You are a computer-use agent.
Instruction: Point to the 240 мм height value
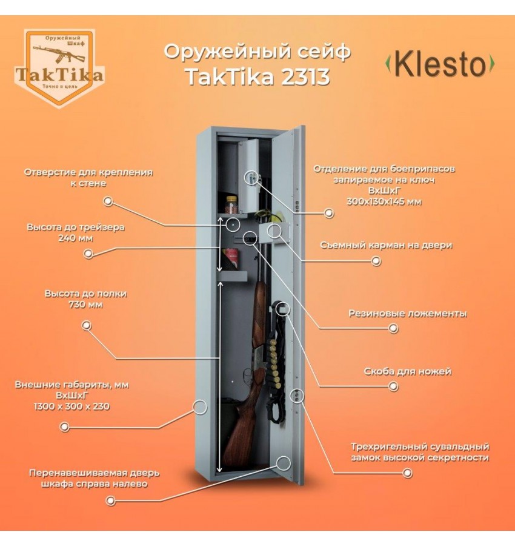(76, 238)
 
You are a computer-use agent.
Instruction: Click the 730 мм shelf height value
(85, 305)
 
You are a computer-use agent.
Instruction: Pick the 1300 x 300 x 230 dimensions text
(71, 406)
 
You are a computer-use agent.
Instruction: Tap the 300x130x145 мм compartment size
(384, 201)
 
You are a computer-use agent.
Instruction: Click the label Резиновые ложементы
(408, 314)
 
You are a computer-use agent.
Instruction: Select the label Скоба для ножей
(408, 371)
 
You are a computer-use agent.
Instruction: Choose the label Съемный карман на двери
(386, 246)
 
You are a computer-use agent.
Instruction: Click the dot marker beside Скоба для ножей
(393, 386)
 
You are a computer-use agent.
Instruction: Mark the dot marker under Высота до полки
(86, 326)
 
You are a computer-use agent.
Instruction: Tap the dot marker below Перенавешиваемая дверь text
(111, 500)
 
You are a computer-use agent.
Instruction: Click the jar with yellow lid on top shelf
(231, 205)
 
